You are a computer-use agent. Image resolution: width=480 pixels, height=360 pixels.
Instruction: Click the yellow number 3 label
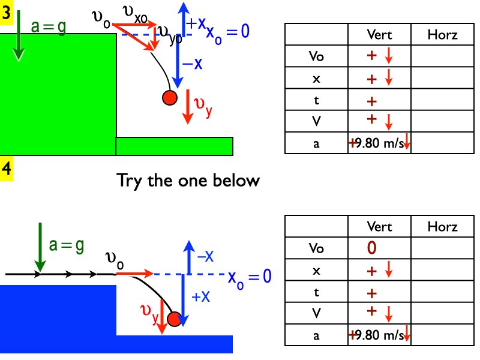pos(6,14)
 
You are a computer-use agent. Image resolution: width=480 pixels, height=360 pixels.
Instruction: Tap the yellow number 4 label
pos(6,169)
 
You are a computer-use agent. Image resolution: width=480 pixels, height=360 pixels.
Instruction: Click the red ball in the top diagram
pos(169,97)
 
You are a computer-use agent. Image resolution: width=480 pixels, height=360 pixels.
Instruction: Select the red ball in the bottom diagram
pos(174,319)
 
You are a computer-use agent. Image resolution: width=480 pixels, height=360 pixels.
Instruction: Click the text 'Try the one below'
pos(188,180)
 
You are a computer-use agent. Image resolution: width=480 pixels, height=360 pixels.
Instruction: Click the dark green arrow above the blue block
pos(40,246)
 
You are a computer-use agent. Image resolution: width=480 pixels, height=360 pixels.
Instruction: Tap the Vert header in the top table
pos(379,35)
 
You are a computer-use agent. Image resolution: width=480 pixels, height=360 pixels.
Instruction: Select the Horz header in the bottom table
pos(442,227)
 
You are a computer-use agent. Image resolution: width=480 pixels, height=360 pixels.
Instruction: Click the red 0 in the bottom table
pos(371,247)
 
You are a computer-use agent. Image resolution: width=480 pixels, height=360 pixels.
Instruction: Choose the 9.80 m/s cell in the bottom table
pos(379,335)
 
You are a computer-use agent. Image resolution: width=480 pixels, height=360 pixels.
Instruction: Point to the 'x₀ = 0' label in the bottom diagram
pos(250,277)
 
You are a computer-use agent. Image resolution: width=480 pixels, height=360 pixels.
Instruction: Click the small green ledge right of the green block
pos(174,146)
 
